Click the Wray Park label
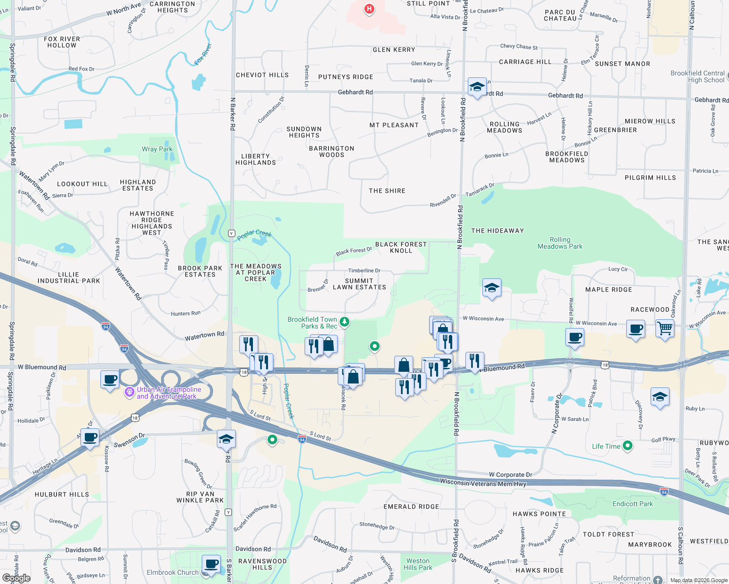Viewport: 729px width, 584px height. [157, 149]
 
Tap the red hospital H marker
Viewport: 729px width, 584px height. [369, 9]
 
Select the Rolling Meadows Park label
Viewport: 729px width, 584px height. [560, 243]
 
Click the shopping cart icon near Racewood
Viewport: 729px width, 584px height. [664, 328]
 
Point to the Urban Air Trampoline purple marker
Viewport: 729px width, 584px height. [129, 392]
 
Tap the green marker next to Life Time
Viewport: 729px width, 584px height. [628, 446]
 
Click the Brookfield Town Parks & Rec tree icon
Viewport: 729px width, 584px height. [345, 322]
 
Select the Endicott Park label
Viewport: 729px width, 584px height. [633, 504]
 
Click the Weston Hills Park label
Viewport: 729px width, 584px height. [418, 564]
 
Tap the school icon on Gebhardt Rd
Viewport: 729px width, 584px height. [477, 87]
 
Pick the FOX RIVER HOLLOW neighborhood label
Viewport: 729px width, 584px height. [62, 42]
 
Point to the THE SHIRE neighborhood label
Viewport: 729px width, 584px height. [387, 191]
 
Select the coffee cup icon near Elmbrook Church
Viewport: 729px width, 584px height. [211, 564]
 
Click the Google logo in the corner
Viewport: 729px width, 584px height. [16, 578]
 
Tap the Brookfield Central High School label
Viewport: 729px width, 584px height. [697, 77]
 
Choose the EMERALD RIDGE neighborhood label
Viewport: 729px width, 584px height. [411, 507]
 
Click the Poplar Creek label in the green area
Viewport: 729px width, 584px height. [254, 235]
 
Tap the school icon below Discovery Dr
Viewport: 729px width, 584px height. [659, 397]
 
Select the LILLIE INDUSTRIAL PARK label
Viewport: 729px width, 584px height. [69, 278]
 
